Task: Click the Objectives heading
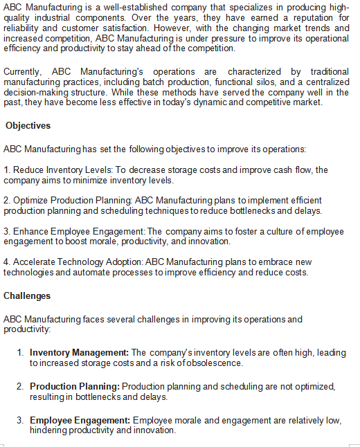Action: [28, 126]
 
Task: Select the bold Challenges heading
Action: [27, 295]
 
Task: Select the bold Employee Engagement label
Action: [80, 420]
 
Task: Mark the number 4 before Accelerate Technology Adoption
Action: [6, 262]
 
